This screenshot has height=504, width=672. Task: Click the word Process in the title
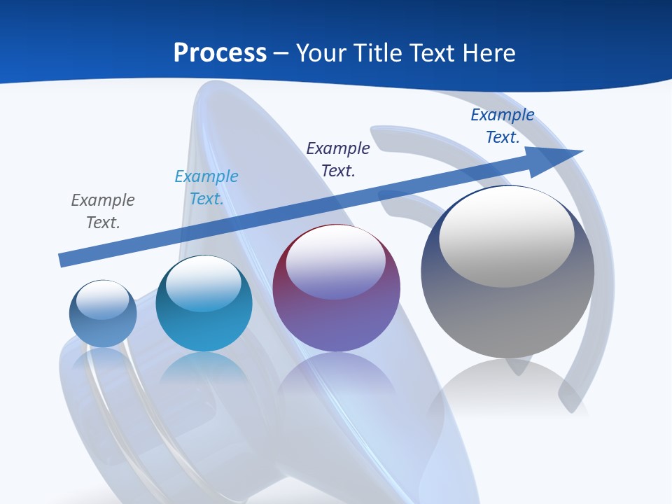tap(220, 53)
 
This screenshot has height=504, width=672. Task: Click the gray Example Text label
tap(103, 211)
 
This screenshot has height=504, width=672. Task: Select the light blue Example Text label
tap(206, 187)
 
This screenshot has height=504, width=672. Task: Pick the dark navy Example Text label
tap(338, 159)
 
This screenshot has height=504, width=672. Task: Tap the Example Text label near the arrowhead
tap(503, 125)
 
